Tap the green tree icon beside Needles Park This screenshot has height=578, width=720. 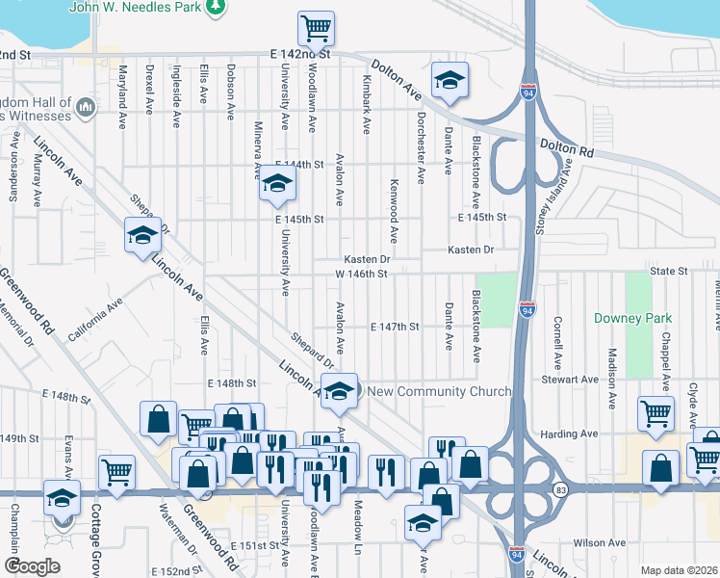point(219,7)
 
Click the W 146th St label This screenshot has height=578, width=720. point(361,274)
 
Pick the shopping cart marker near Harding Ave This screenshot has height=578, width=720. point(656,413)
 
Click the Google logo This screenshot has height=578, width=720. point(32,566)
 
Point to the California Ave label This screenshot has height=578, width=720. point(94,316)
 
